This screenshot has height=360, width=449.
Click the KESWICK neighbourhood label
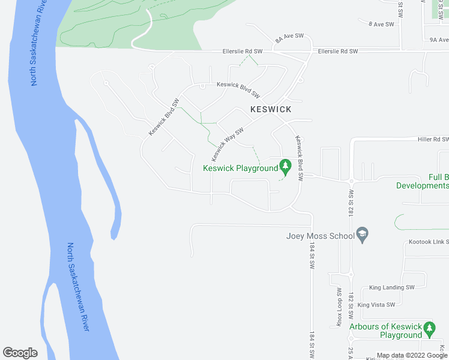click(271, 110)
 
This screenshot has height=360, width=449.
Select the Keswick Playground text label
click(241, 168)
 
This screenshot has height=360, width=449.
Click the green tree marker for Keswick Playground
click(286, 166)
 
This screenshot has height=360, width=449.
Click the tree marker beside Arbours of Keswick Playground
click(429, 329)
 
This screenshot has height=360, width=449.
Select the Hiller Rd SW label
click(433, 139)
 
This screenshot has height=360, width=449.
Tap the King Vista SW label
click(376, 305)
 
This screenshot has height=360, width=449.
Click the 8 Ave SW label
click(381, 24)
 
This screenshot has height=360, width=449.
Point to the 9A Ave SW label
click(439, 40)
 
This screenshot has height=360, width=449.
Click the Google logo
click(20, 353)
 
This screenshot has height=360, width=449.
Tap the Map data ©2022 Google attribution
click(412, 355)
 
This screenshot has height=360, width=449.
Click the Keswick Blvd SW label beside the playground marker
click(299, 158)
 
